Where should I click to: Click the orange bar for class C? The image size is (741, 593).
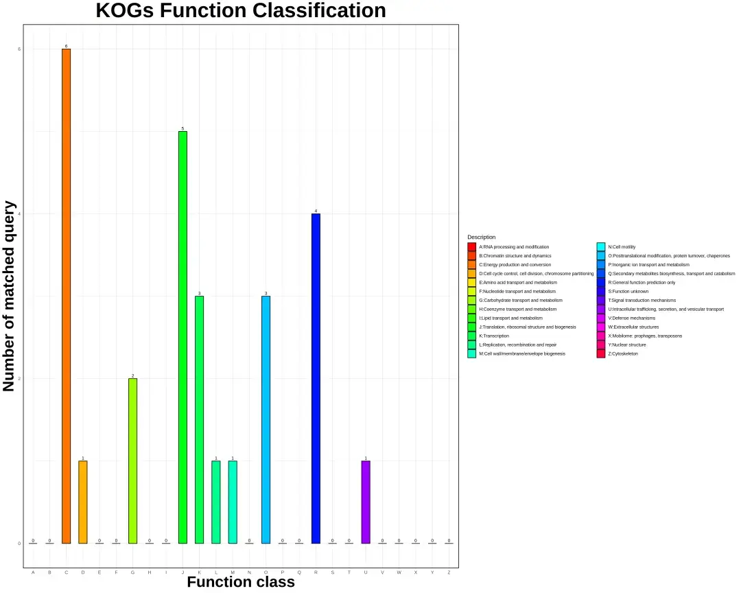point(66,296)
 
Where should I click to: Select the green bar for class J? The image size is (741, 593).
point(183,337)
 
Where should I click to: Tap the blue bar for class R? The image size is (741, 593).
point(316,378)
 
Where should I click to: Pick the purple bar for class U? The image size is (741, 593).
point(366,502)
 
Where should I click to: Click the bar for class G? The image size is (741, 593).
point(132,461)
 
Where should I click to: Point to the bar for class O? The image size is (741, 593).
point(266,419)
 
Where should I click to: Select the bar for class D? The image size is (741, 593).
point(83,502)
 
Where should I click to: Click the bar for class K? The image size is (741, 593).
point(199,419)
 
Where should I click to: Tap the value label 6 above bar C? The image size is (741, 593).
point(66,46)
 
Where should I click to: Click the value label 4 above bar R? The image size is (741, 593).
point(316,211)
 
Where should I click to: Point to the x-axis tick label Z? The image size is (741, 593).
point(449,572)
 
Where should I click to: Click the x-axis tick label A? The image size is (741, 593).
point(33,572)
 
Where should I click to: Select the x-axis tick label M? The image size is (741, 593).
point(233,572)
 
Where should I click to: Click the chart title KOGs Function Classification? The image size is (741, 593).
point(240,11)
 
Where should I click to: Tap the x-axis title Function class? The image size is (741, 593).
point(241,583)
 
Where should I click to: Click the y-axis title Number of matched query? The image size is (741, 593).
point(10,296)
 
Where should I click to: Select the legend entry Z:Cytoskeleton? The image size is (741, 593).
point(622,353)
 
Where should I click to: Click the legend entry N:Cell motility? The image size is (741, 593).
point(620,246)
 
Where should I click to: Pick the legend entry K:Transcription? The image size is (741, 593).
point(493,336)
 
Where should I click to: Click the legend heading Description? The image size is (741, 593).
point(481,237)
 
